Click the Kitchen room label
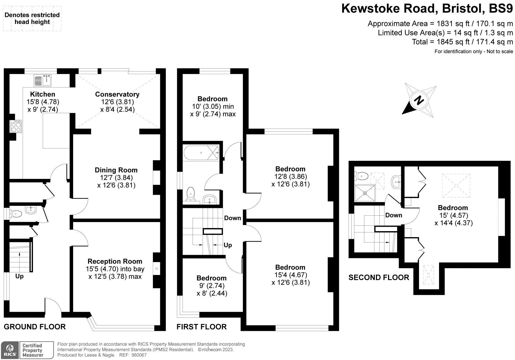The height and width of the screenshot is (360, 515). (43, 94)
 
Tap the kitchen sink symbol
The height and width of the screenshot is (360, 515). (43, 80)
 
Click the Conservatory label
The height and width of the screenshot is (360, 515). (117, 94)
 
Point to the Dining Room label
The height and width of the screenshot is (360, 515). (116, 170)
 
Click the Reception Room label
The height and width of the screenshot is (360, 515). (115, 261)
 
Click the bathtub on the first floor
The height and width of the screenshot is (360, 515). (201, 153)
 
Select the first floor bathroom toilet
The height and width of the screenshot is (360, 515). (191, 194)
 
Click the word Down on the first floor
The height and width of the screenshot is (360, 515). (233, 218)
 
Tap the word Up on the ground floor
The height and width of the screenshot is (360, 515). (19, 276)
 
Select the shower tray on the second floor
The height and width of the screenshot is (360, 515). (365, 193)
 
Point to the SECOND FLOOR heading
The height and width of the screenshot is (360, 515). (379, 278)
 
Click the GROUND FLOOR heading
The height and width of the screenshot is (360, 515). (35, 327)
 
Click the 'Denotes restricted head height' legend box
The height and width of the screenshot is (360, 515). (32, 19)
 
